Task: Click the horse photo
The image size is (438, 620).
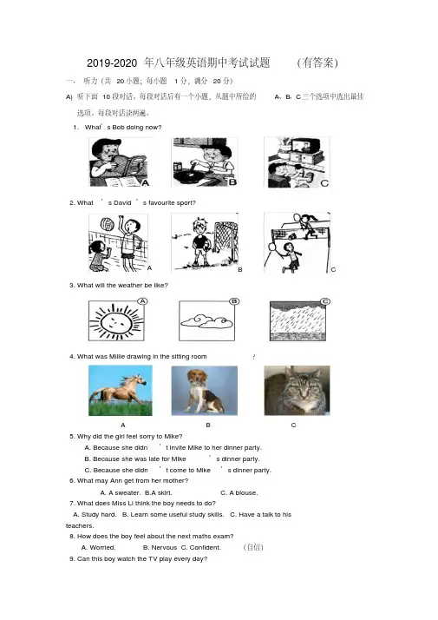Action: tap(121, 390)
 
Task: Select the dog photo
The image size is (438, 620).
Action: tap(205, 391)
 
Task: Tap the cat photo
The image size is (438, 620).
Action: tap(297, 391)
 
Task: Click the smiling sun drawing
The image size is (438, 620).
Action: tap(116, 320)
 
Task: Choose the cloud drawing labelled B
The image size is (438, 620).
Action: tap(206, 320)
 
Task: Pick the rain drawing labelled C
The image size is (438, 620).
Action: tap(297, 321)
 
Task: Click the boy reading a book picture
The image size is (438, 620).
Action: tap(120, 162)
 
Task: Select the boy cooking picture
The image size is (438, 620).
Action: tap(205, 162)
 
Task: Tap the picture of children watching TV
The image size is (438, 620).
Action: tap(297, 162)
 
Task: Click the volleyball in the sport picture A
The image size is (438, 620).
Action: tap(107, 224)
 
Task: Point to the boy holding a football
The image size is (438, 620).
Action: tap(201, 242)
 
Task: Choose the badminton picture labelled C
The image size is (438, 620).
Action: tap(297, 242)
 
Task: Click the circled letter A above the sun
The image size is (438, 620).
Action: tap(142, 301)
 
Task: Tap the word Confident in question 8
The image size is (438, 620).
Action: tap(205, 548)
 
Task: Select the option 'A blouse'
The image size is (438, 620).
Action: tap(239, 492)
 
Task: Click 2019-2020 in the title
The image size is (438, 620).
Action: tap(112, 63)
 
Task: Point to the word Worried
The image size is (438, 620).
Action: tap(98, 548)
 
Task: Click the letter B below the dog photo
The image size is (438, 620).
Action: tap(208, 425)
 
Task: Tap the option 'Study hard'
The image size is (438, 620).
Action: tap(95, 514)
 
